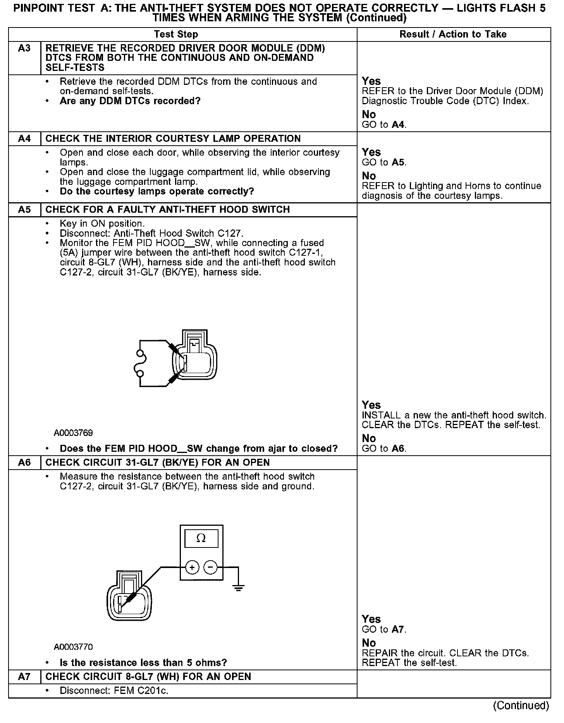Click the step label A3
click(x=24, y=49)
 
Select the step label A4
click(x=24, y=139)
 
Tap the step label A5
click(x=24, y=210)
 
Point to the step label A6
click(x=24, y=463)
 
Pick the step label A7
click(x=24, y=677)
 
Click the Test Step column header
click(x=176, y=34)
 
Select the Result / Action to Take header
click(x=453, y=34)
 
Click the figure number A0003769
click(x=73, y=433)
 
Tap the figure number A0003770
click(x=73, y=647)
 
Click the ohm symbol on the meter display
click(x=201, y=538)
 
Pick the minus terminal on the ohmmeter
click(x=210, y=568)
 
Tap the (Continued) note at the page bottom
click(x=521, y=706)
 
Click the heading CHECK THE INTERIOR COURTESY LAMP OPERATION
click(x=173, y=139)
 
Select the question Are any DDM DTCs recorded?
click(x=130, y=101)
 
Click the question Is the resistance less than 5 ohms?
click(x=143, y=663)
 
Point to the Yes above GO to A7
click(x=371, y=619)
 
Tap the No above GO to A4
click(x=369, y=115)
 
